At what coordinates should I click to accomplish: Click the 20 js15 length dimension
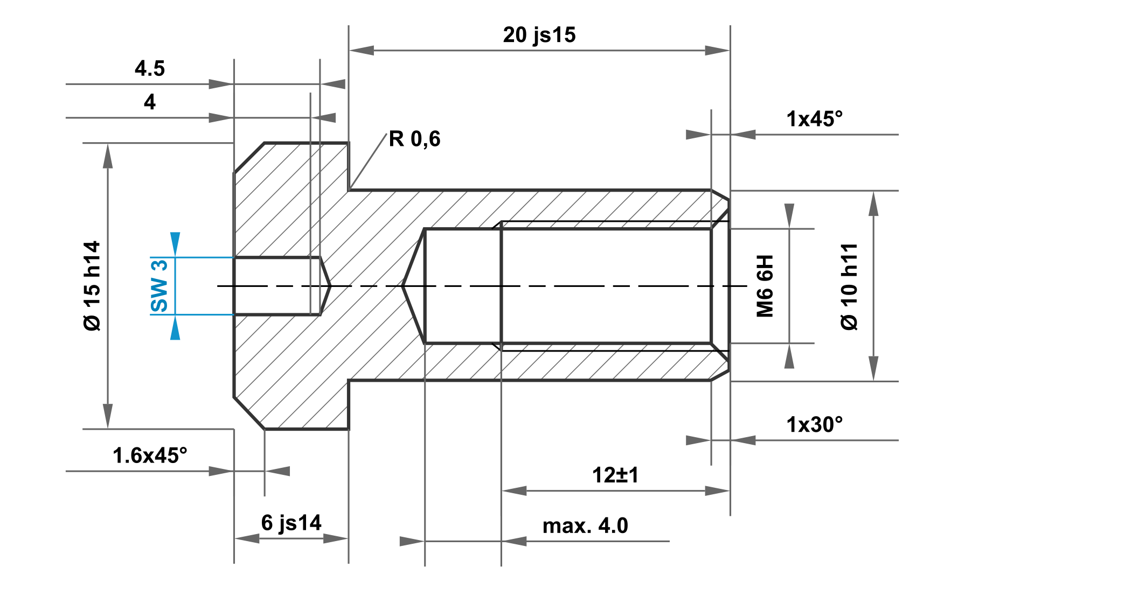pos(539,35)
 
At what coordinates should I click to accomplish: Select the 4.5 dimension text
pos(150,68)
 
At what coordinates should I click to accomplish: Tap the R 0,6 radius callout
pos(414,139)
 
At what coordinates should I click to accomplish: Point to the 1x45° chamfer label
pos(814,119)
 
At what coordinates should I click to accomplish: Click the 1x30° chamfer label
pos(814,425)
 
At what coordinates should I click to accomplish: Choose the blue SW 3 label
pos(159,286)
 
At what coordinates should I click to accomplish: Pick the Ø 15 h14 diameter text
pos(92,286)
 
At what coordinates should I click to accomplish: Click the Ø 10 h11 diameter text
pos(849,286)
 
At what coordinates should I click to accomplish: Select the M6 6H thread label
pos(765,286)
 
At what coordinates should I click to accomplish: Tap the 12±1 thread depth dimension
pos(615,475)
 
